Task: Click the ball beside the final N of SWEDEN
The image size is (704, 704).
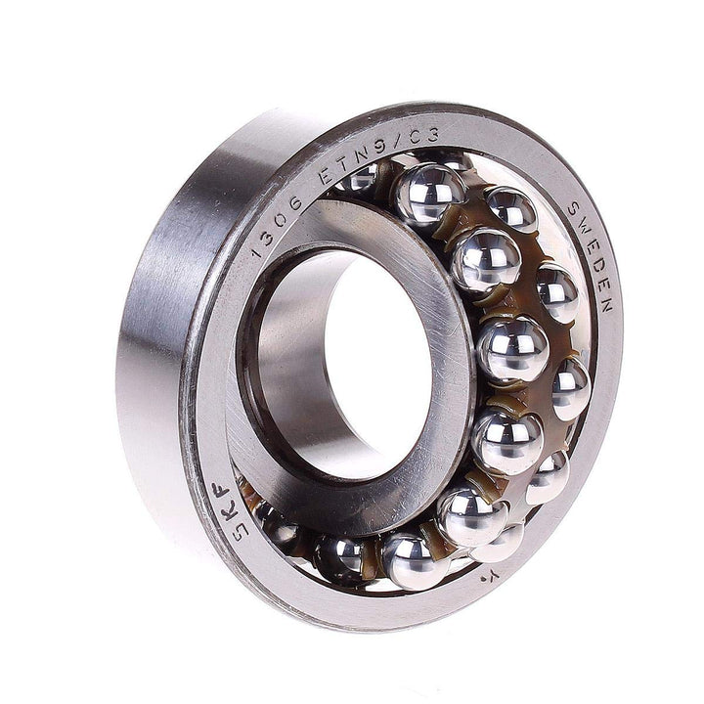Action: point(571,388)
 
